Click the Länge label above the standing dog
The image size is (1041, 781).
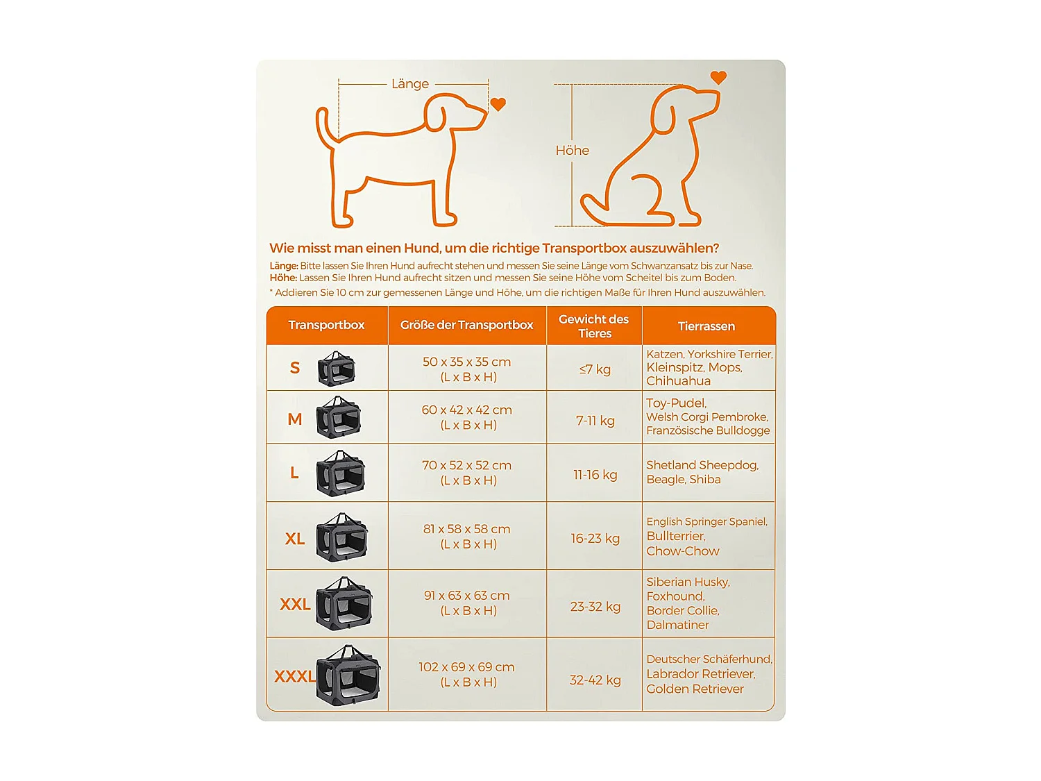pyautogui.click(x=410, y=84)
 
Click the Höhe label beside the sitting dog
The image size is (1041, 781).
pyautogui.click(x=572, y=151)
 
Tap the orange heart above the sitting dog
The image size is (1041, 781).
pyautogui.click(x=718, y=78)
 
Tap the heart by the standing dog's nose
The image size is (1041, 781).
pyautogui.click(x=498, y=104)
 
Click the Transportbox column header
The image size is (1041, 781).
pyautogui.click(x=326, y=325)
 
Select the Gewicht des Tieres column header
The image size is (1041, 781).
pyautogui.click(x=594, y=326)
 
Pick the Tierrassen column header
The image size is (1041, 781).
pyautogui.click(x=706, y=326)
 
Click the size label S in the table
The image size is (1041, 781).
pyautogui.click(x=295, y=368)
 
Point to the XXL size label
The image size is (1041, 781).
pyautogui.click(x=295, y=605)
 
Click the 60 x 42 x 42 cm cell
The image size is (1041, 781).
pyautogui.click(x=466, y=417)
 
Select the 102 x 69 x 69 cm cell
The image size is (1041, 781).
pyautogui.click(x=466, y=674)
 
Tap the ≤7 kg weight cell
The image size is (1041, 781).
pyautogui.click(x=595, y=369)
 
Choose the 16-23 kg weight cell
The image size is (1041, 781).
pyautogui.click(x=595, y=539)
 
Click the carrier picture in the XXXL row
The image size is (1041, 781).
pyautogui.click(x=348, y=675)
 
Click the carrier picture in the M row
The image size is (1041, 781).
pyautogui.click(x=339, y=417)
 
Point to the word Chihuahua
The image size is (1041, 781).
pyautogui.click(x=678, y=381)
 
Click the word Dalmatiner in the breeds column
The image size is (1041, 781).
pyautogui.click(x=677, y=625)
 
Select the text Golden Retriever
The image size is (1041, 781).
pyautogui.click(x=695, y=689)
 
